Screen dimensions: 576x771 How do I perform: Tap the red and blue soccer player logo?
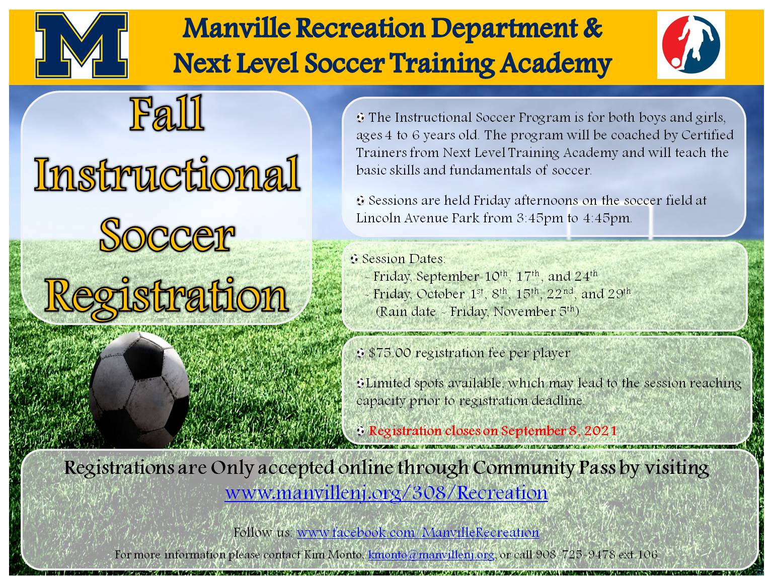pyautogui.click(x=690, y=45)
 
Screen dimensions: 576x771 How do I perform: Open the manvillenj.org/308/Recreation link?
pyautogui.click(x=386, y=492)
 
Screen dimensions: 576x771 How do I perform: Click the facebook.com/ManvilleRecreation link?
pyautogui.click(x=418, y=532)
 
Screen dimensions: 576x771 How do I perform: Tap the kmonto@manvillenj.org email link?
pyautogui.click(x=432, y=555)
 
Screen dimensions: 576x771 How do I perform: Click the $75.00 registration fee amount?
pyautogui.click(x=389, y=353)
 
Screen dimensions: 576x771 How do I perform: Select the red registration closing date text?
pyautogui.click(x=493, y=431)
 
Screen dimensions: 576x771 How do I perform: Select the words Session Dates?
pyautogui.click(x=403, y=259)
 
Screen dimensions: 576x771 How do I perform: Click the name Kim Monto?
pyautogui.click(x=334, y=555)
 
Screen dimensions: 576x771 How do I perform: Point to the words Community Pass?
pyautogui.click(x=544, y=468)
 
